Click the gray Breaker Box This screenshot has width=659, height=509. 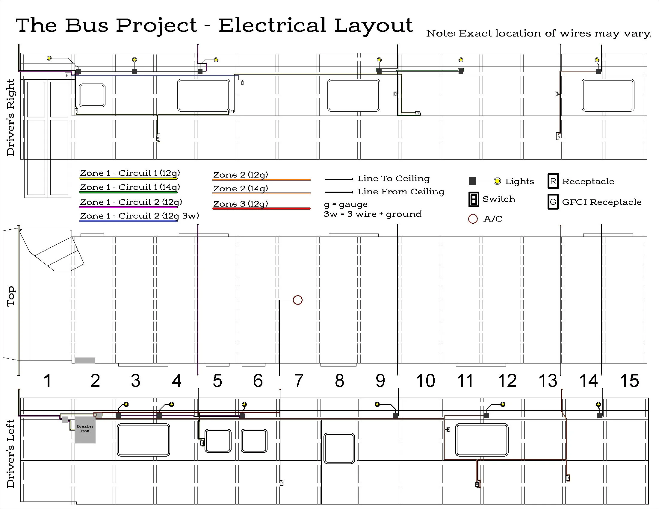coord(85,429)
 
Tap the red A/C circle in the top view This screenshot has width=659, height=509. coord(297,300)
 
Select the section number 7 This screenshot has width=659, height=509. coord(298,381)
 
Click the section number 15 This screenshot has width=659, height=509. coord(629,381)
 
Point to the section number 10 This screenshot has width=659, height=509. coord(425,381)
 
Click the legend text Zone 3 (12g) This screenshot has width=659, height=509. coord(241,204)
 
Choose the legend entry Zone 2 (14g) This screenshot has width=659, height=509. coord(241,189)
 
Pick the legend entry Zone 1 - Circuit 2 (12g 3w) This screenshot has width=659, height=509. coord(139,216)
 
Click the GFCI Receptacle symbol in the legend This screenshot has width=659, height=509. coord(553,202)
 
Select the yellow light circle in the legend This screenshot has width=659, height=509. coord(497,181)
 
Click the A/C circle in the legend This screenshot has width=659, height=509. coord(473,219)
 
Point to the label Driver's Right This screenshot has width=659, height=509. coord(11,118)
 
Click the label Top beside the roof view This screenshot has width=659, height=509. coord(11,296)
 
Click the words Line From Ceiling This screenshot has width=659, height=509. coord(401,192)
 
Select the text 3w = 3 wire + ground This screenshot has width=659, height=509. coord(373,214)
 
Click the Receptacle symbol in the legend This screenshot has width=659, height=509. coord(553,181)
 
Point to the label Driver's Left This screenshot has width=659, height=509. coord(11,454)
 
